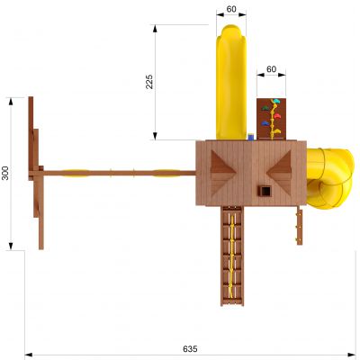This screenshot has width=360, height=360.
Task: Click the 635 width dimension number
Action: (x=190, y=349)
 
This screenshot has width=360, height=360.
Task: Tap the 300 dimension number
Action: (x=5, y=173)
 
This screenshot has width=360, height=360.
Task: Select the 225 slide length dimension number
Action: (x=149, y=81)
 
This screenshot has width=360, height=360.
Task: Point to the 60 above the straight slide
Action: (x=231, y=9)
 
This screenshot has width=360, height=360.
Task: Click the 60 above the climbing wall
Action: (x=271, y=69)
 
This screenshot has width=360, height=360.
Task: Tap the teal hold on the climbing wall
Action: (x=275, y=101)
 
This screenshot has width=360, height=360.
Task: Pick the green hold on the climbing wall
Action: (x=265, y=108)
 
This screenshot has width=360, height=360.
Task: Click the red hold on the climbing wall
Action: (x=277, y=116)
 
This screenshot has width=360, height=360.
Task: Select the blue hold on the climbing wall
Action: (x=265, y=123)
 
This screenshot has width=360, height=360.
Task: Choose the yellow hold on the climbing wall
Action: (x=276, y=131)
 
